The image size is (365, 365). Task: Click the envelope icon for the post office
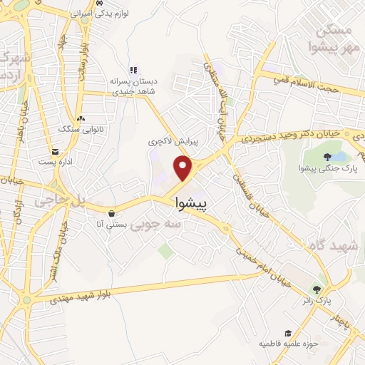[x=55, y=151]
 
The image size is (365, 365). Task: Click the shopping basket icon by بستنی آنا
[x=111, y=212]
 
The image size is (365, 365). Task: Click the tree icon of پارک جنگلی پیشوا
[x=327, y=157]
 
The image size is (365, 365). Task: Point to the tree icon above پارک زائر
[x=317, y=289]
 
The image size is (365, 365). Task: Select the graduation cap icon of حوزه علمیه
[x=288, y=333]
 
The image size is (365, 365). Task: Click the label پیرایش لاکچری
[x=173, y=142]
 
